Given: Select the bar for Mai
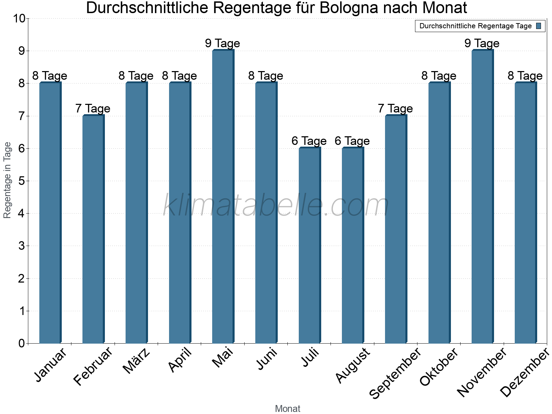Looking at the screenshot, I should click(223, 197).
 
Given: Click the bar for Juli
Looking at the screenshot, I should click(309, 245).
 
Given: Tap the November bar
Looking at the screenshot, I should click(482, 197).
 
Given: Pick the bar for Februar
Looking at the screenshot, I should click(93, 229).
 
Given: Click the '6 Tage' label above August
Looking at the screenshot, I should click(352, 141).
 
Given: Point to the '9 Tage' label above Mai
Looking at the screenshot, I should click(223, 43).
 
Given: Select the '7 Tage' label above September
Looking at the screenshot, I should click(395, 108).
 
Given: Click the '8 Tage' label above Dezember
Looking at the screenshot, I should click(525, 76).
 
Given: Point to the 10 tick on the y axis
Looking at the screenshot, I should click(19, 19).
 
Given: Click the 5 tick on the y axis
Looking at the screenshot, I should click(22, 181).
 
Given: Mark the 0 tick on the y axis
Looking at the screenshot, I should click(22, 344).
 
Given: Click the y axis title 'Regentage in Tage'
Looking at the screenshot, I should click(8, 180).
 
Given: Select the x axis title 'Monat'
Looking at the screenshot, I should click(288, 409).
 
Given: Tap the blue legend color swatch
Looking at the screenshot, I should click(539, 26).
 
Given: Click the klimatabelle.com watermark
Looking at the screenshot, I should click(276, 206).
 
